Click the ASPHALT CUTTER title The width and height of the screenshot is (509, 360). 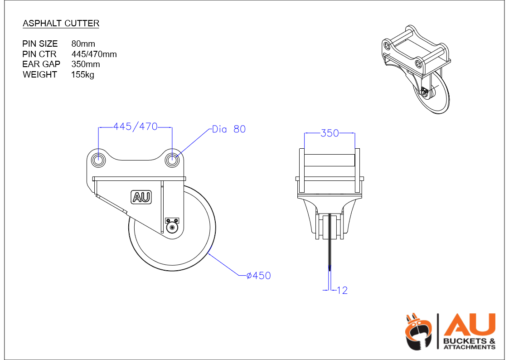click(x=61, y=24)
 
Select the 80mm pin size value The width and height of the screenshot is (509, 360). click(x=83, y=44)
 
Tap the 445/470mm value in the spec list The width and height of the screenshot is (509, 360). click(x=94, y=54)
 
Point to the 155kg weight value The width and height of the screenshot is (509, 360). click(x=83, y=75)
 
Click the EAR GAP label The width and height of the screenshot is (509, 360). click(x=41, y=64)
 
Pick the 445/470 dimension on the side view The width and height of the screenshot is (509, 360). click(x=136, y=126)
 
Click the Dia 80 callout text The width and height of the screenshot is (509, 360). click(x=229, y=129)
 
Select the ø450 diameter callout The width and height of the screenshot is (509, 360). click(x=259, y=276)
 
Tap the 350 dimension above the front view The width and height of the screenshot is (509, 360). click(x=330, y=133)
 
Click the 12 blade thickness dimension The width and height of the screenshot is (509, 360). click(x=342, y=290)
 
